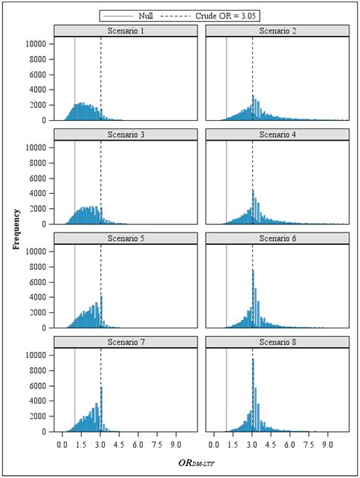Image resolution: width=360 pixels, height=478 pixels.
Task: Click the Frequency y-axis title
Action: [16, 229]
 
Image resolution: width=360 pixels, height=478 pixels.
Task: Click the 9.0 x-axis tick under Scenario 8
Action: [327, 440]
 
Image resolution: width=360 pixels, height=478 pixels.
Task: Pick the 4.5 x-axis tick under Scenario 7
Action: [119, 440]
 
